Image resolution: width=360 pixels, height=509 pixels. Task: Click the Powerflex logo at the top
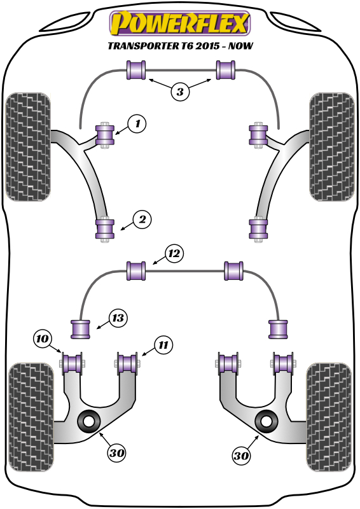coord(180,24)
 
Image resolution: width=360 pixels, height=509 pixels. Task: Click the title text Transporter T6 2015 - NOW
coord(180,46)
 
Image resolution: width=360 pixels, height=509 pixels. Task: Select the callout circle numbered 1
coord(136,123)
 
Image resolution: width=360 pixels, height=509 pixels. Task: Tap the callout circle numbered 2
coord(142,220)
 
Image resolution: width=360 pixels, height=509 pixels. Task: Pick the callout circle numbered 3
coord(180,92)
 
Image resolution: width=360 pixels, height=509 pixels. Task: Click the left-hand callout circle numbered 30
coord(116,453)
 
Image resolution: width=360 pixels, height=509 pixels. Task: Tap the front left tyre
coord(27,146)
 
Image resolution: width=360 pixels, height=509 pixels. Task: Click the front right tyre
coord(331,146)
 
